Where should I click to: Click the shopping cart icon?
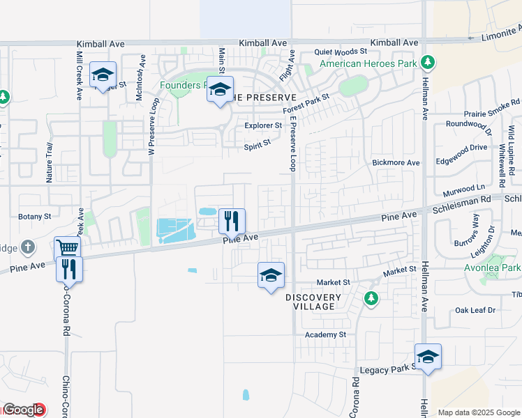click(x=67, y=247)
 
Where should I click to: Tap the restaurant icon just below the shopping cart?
click(x=69, y=268)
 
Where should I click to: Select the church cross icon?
click(x=27, y=247)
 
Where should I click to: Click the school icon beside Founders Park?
click(x=221, y=91)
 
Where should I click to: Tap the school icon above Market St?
click(x=271, y=275)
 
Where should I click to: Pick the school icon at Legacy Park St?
click(x=428, y=357)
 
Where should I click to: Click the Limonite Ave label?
click(x=501, y=33)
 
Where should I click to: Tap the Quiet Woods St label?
click(x=341, y=52)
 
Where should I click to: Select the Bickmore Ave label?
click(x=396, y=163)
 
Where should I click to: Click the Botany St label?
click(x=35, y=217)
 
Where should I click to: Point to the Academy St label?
click(x=325, y=334)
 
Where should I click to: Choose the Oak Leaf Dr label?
click(x=475, y=310)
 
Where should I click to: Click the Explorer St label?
click(x=263, y=126)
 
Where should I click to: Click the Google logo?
click(x=23, y=410)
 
